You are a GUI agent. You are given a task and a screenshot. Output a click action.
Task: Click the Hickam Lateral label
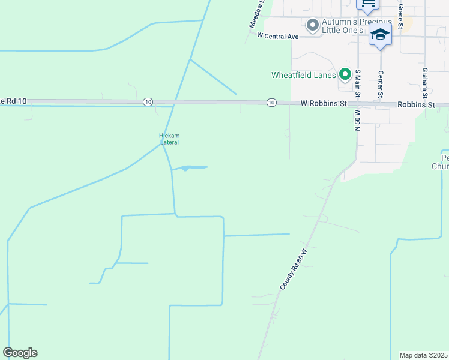coord(169,139)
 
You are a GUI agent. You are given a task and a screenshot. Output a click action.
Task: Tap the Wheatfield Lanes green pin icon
coord(345,74)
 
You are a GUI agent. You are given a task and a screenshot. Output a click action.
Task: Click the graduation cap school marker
coord(380,35)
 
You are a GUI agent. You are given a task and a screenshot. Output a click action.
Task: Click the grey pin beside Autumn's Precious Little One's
coord(312,25)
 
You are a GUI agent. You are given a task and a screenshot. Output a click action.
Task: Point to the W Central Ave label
coord(277,36)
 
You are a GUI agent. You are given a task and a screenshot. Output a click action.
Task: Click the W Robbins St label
coord(324,104)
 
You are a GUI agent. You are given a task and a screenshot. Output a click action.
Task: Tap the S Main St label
coord(357,83)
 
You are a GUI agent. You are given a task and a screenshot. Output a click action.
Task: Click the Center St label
coord(381,84)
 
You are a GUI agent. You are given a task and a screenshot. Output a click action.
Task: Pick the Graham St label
coord(424,83)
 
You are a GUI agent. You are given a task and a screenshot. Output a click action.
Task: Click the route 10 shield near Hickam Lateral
coord(148,103)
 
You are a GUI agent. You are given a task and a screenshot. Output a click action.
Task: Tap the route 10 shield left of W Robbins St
coord(271,103)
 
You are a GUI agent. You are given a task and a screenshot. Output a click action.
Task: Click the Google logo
coord(20,353)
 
